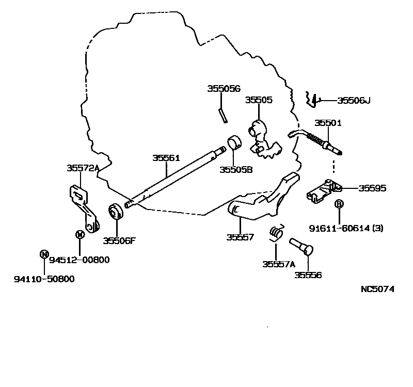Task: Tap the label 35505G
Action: click(x=224, y=88)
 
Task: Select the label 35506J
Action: click(x=354, y=101)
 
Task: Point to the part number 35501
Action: click(x=328, y=123)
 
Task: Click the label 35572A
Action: click(x=83, y=168)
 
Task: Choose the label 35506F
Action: click(x=118, y=240)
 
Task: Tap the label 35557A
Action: click(x=278, y=264)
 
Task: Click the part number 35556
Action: click(x=308, y=275)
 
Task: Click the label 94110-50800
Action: click(x=44, y=279)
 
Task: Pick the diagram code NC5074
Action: click(x=377, y=289)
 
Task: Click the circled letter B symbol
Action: click(x=339, y=204)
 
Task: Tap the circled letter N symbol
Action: click(x=44, y=253)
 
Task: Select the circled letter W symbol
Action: click(x=80, y=235)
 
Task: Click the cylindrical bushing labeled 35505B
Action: click(x=235, y=141)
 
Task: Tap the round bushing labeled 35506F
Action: click(x=115, y=213)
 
